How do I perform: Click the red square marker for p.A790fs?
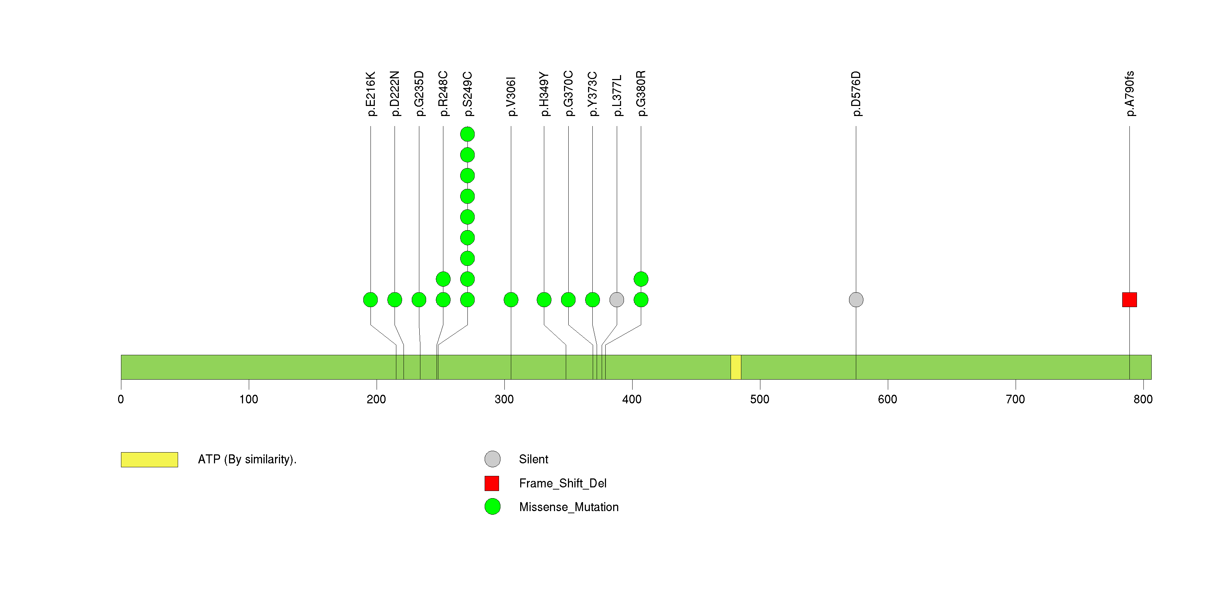[1129, 300]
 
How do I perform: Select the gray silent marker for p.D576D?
[856, 300]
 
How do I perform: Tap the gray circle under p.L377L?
[617, 300]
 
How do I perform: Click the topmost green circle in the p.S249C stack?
[467, 134]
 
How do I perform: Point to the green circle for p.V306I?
[511, 300]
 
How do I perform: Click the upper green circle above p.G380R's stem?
[641, 279]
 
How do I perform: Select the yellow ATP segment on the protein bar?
[736, 367]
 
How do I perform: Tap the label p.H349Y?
[544, 94]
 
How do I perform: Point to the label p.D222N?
[395, 94]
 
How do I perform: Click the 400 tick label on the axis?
[632, 399]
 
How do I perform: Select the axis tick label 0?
[121, 399]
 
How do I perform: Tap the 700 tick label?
[1015, 399]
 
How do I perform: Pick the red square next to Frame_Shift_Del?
[492, 483]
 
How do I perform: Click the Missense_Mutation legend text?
[569, 507]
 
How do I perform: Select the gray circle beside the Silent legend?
[492, 459]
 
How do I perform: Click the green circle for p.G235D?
[419, 300]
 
